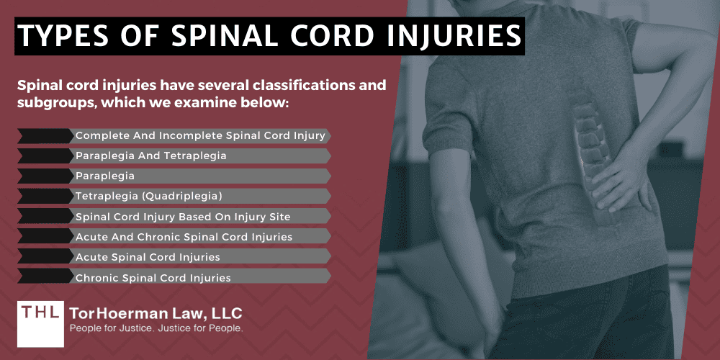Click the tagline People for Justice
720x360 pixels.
point(112,329)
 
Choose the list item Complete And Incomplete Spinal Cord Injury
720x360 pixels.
point(200,135)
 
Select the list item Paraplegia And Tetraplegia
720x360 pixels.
point(150,156)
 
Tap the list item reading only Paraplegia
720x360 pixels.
point(105,176)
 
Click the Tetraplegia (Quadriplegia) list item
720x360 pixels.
point(148,196)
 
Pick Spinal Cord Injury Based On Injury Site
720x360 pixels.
point(182,216)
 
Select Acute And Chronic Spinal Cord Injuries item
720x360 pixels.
point(184,236)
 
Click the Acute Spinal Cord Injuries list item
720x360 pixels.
point(148,256)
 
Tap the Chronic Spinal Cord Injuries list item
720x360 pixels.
point(153,276)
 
